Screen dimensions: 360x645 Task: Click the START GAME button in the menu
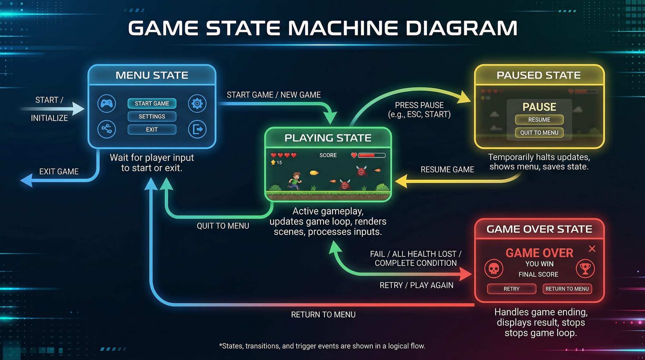[x=152, y=104]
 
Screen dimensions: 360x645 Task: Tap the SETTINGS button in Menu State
[x=152, y=116]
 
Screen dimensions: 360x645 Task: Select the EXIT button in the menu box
[x=152, y=130]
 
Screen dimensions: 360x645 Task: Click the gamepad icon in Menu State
[x=107, y=104]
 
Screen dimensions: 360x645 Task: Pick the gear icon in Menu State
[x=197, y=104]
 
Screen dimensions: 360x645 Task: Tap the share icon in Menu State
[x=107, y=129]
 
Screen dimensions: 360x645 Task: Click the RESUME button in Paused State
[x=539, y=120]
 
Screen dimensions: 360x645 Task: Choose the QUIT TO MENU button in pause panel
[x=539, y=133]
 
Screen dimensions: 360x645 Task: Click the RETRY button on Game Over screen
[x=511, y=289]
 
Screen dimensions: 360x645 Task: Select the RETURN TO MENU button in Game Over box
[x=567, y=289]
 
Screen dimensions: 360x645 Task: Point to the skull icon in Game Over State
[x=494, y=268]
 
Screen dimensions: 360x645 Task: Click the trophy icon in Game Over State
[x=585, y=268]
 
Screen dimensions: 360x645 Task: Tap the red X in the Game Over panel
[x=592, y=249]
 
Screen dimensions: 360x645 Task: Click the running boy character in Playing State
[x=295, y=181]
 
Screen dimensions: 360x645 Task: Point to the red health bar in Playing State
[x=372, y=155]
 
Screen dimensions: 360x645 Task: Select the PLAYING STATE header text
[x=328, y=138]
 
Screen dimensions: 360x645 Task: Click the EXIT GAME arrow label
[x=59, y=172]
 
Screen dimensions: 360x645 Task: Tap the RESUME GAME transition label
[x=447, y=170]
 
